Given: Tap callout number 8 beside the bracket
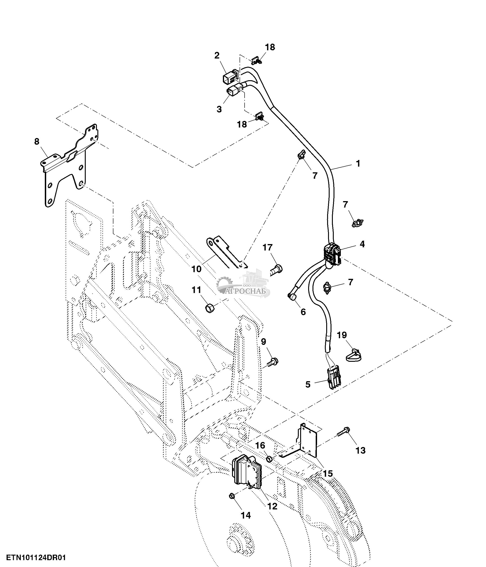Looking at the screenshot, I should [37, 141].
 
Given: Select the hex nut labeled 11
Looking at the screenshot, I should [210, 308].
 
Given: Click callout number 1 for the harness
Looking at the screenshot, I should [358, 163].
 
